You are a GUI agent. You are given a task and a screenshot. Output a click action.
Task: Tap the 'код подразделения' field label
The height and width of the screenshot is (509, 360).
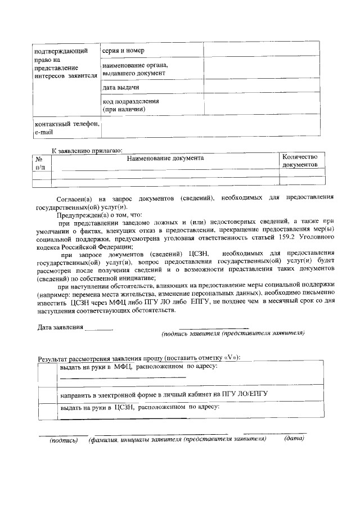tap(130, 105)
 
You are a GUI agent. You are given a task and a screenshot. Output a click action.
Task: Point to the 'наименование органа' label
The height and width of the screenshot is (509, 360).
tap(135, 69)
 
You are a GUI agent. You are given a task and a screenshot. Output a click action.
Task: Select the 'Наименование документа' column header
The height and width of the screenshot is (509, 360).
tap(165, 158)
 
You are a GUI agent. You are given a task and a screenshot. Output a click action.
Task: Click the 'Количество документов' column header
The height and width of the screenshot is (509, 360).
tap(300, 160)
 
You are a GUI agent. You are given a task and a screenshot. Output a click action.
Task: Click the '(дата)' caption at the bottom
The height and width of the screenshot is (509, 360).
tap(294, 439)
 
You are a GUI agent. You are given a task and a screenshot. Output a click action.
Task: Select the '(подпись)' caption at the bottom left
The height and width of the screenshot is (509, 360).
tap(64, 440)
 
